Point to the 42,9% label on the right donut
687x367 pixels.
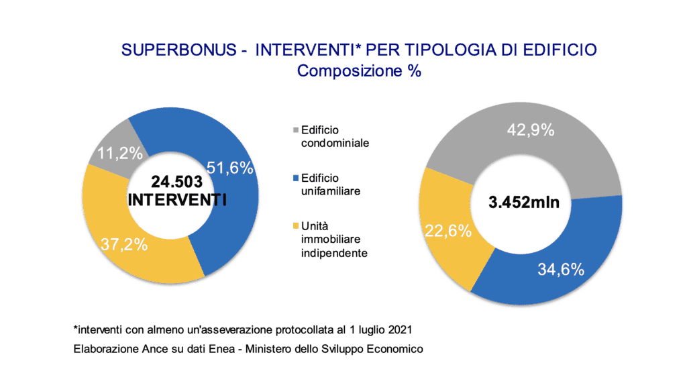530,130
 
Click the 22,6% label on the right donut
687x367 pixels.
447,231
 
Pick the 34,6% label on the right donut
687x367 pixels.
561,270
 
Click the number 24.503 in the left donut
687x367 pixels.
175,182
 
